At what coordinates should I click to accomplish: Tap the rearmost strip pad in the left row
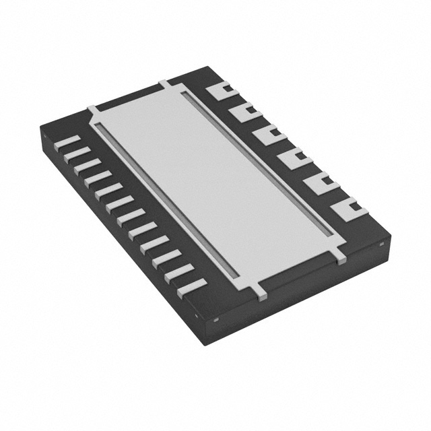coord(67,142)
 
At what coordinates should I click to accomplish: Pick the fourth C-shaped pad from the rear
coord(293,160)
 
